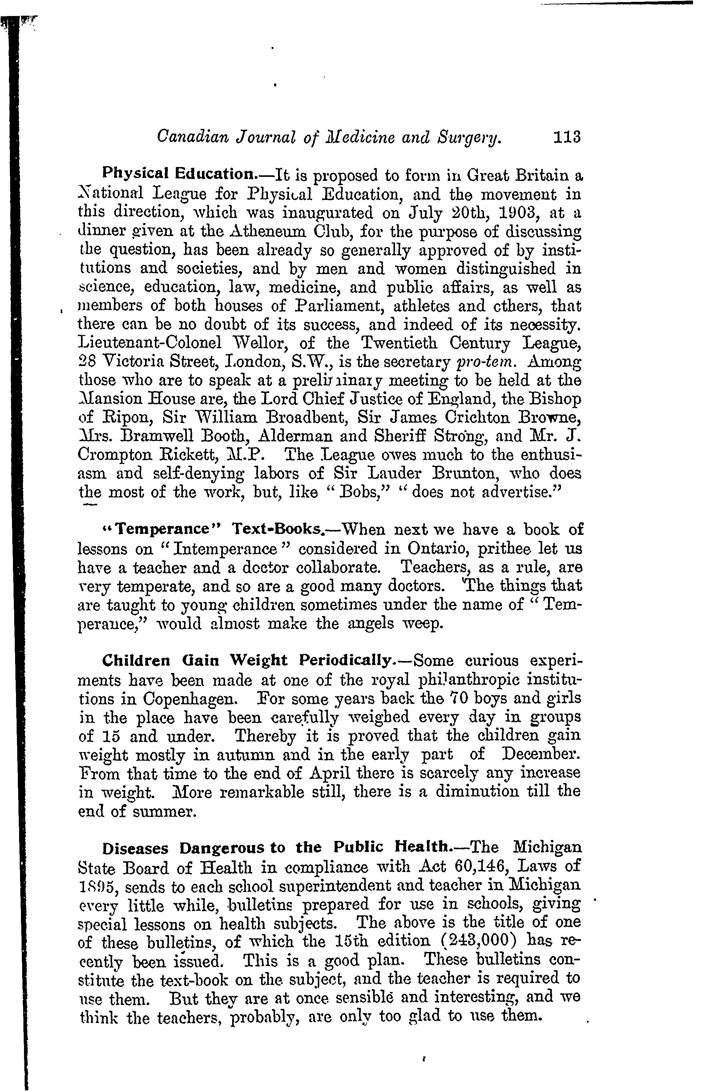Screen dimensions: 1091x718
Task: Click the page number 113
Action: pos(567,137)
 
